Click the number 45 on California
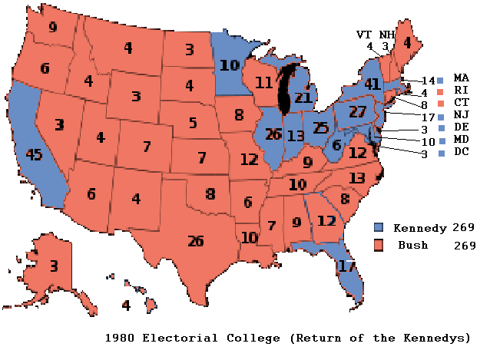tap(33, 154)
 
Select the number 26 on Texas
tap(196, 241)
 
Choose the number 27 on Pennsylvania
tap(357, 111)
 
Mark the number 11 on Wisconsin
tap(264, 81)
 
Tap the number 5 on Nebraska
tap(193, 122)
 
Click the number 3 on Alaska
tap(53, 266)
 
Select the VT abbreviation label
tap(364, 35)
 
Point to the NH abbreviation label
tap(387, 35)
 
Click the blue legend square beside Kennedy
tap(379, 228)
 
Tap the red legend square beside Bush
tap(379, 245)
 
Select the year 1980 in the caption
tap(120, 338)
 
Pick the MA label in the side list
tap(461, 78)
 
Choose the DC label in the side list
tap(461, 152)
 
